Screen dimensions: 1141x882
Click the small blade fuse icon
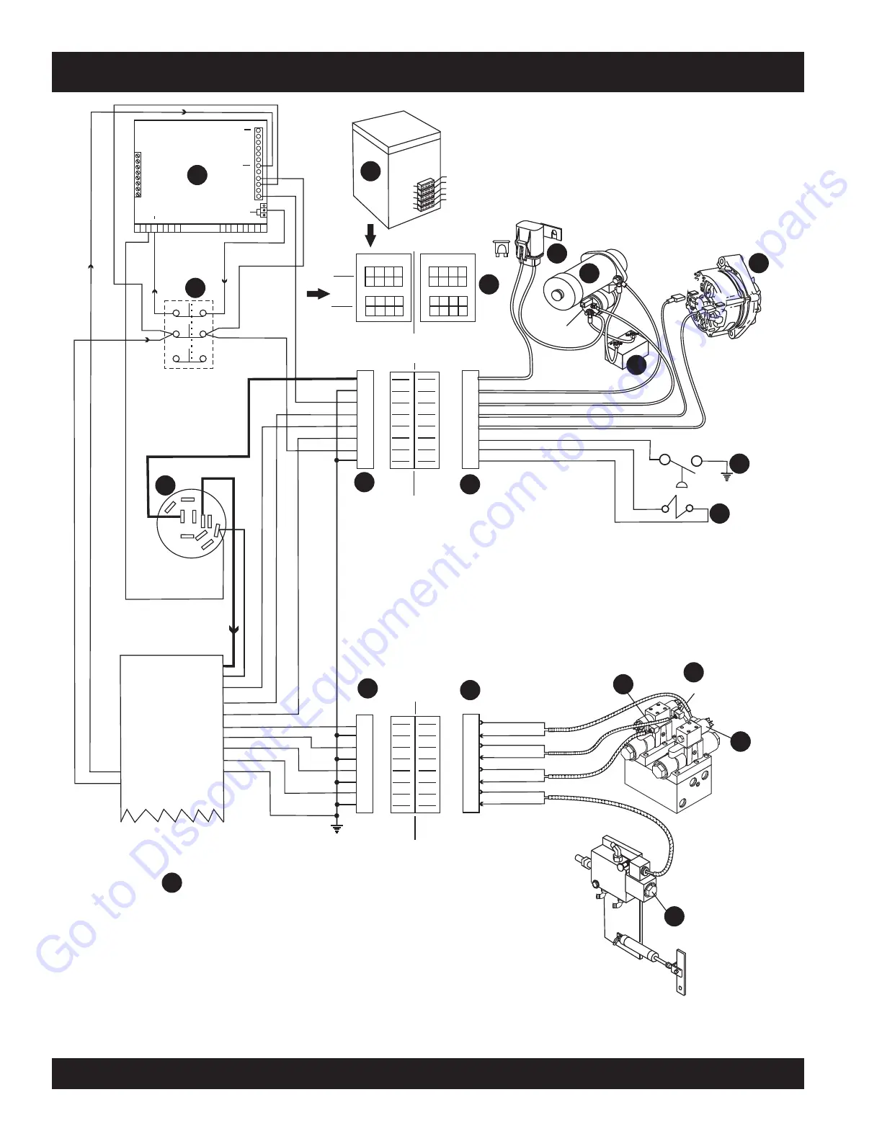(x=503, y=249)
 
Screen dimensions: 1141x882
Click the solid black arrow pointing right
(x=318, y=294)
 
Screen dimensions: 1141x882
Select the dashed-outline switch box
(x=189, y=334)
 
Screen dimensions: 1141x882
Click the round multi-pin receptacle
(x=192, y=524)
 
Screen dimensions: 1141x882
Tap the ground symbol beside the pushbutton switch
(x=726, y=475)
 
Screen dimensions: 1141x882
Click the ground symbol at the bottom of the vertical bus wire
(x=336, y=828)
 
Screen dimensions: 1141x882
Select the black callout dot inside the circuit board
(x=197, y=174)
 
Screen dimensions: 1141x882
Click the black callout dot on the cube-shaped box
(x=370, y=171)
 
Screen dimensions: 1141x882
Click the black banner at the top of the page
(x=428, y=71)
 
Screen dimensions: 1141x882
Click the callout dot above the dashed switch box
(x=195, y=288)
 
